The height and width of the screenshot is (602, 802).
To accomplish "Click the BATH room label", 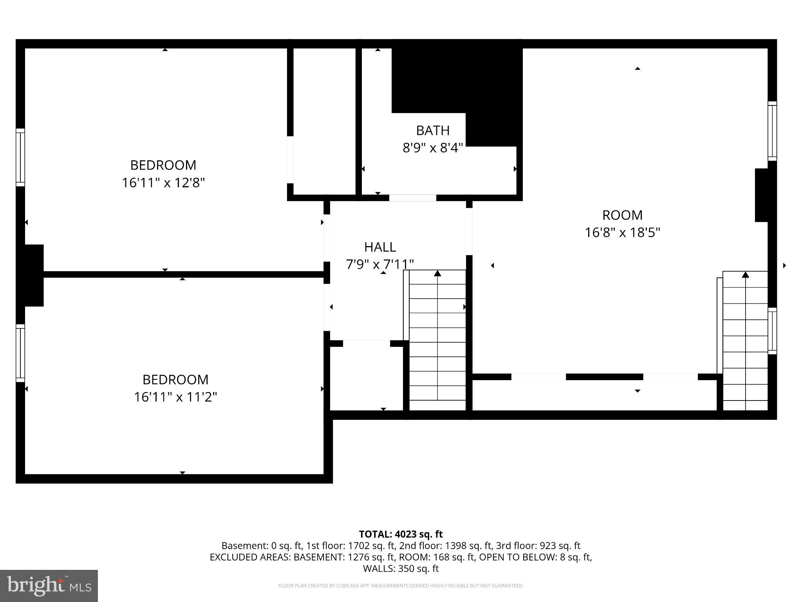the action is pos(432,130).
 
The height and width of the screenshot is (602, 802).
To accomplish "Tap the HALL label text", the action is pos(380,247).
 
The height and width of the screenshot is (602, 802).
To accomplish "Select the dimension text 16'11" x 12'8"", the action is pos(163,183).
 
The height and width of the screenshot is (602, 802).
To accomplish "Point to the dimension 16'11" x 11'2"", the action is pos(175,397).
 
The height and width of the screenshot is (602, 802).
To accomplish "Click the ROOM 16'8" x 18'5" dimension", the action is pos(622,232).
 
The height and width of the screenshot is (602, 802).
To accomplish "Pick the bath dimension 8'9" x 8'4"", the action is pos(433,148).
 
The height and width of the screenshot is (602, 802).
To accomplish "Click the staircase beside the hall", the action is pos(437,337).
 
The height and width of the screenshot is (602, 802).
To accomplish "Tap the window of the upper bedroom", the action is pos(20,157).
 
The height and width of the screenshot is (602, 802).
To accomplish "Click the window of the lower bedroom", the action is pos(20,353).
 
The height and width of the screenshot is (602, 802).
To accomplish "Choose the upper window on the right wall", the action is pos(772,131).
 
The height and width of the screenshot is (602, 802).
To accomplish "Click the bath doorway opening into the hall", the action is pos(412,198).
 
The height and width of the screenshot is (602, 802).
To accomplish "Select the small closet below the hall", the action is pos(366,376).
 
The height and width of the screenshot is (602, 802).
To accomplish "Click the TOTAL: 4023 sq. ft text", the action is pos(401,534).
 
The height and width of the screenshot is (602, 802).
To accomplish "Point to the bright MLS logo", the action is pos(49,586).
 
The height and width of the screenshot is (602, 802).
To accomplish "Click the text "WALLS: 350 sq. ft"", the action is pos(401,568).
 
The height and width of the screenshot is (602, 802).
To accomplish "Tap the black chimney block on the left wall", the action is pos(34,275).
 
